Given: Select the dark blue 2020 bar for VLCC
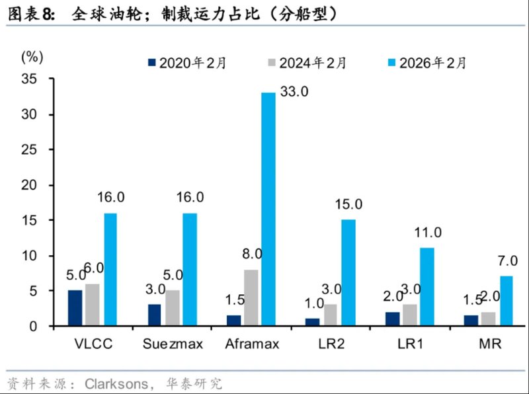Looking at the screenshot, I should pos(75,308).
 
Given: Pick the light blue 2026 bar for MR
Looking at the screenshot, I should pos(506,301).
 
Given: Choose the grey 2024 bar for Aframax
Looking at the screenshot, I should pos(251,297).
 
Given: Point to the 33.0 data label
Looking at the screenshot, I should pos(294,92).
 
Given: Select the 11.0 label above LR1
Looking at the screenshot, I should pos(428,233).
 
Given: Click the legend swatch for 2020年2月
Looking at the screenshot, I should pos(151,63).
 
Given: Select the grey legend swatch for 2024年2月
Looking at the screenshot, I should pos(271,63).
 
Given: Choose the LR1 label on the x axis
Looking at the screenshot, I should pos(410,344).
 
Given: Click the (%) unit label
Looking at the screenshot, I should pos(32,56).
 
